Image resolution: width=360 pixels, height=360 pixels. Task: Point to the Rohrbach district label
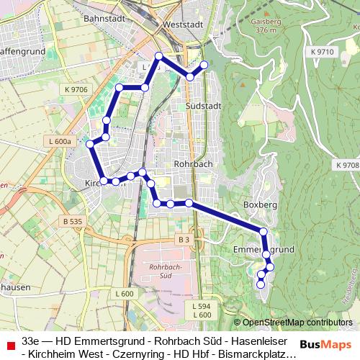tap(193, 163)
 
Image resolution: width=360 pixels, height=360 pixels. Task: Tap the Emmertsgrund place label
tap(265, 249)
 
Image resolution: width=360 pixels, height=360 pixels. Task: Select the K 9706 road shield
tap(75, 89)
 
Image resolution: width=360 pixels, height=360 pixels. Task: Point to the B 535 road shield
tap(72, 221)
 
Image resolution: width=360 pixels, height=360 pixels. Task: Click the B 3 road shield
tap(184, 239)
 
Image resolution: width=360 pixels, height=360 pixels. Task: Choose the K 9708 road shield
tap(346, 166)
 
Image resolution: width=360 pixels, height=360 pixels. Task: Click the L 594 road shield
tap(202, 306)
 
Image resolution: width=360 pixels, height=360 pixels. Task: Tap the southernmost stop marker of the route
tap(261, 284)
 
